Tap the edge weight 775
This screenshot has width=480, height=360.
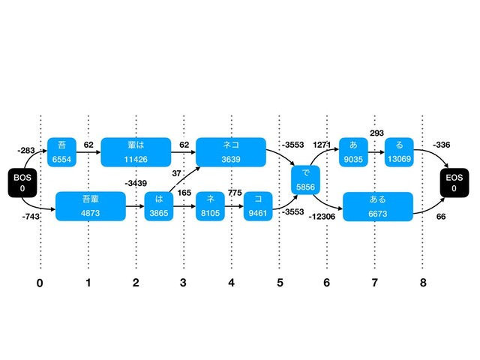pos(235,193)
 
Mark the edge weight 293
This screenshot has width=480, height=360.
pos(376,133)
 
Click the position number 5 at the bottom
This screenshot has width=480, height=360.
pos(279,283)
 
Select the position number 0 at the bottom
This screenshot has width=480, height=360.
pos(40,283)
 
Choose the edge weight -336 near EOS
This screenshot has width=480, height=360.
pos(442,145)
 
